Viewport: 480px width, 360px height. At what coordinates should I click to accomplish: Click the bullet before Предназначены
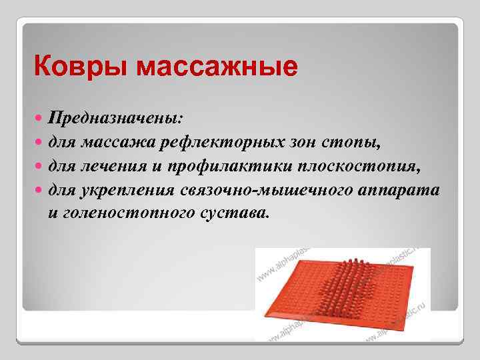click(x=39, y=118)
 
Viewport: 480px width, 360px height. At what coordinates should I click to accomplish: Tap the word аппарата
click(x=399, y=190)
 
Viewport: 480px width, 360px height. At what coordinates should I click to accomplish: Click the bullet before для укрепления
click(x=39, y=190)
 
